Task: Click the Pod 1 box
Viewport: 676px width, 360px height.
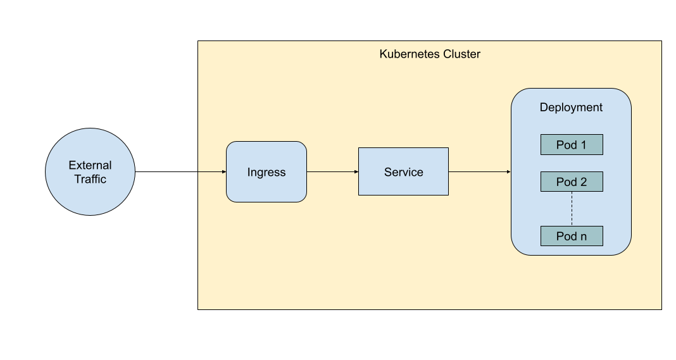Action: pos(572,145)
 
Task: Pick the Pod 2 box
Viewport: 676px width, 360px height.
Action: pos(572,182)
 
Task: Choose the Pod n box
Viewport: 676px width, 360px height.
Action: pos(572,236)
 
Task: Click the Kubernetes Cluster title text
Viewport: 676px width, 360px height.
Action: pos(430,54)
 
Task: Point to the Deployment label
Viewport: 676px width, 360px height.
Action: pos(571,108)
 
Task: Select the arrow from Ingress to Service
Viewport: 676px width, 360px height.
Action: pos(332,171)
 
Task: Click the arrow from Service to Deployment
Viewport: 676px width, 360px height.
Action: pos(479,171)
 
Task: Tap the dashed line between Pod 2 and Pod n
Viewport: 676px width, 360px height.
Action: pos(572,209)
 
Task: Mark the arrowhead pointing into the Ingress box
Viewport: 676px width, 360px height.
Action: pos(223,171)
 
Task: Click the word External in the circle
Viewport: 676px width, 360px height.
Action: pos(90,165)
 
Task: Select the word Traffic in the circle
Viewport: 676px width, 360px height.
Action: pos(90,179)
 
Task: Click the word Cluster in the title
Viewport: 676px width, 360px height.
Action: pos(462,54)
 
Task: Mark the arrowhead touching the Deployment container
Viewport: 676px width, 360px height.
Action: pos(508,171)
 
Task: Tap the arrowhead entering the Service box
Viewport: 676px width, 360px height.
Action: pos(356,171)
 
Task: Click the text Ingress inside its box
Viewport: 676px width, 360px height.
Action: pos(266,172)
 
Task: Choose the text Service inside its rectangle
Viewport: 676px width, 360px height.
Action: pos(403,172)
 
